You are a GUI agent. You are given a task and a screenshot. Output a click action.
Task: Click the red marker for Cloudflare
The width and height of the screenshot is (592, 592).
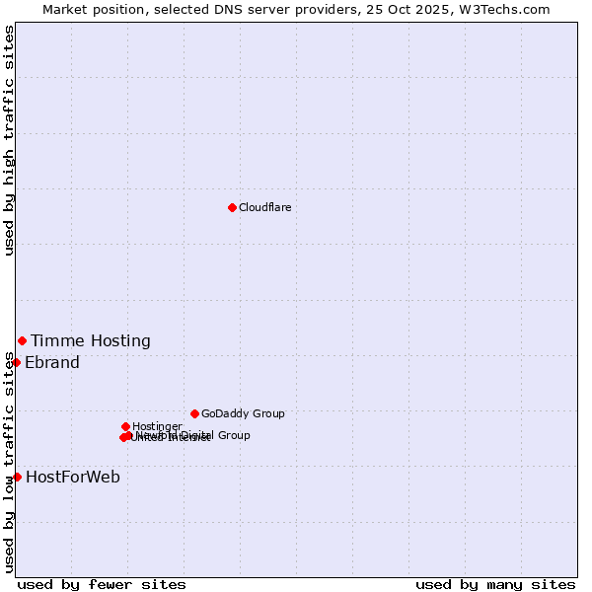pyautogui.click(x=232, y=207)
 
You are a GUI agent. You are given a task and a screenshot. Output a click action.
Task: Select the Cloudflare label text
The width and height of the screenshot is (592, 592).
pyautogui.click(x=264, y=207)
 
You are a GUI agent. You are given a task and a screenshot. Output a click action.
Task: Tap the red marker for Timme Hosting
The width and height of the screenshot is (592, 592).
pyautogui.click(x=22, y=340)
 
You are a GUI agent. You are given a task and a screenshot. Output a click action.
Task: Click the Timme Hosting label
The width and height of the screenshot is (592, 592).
pyautogui.click(x=90, y=341)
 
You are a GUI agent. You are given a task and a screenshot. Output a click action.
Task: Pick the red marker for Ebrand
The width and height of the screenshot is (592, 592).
pyautogui.click(x=16, y=362)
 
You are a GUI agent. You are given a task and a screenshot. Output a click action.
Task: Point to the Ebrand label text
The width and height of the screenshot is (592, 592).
pyautogui.click(x=52, y=363)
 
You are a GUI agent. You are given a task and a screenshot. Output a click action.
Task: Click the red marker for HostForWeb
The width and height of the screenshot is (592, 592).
pyautogui.click(x=16, y=477)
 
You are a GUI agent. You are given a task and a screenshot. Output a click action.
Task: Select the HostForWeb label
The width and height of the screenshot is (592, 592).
pyautogui.click(x=73, y=478)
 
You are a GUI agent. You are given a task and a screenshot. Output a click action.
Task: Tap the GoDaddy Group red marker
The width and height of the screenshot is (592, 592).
pyautogui.click(x=194, y=413)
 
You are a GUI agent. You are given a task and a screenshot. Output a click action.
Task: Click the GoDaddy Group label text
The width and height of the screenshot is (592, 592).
pyautogui.click(x=243, y=414)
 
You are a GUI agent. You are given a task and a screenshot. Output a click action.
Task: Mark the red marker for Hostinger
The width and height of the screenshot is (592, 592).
pyautogui.click(x=125, y=426)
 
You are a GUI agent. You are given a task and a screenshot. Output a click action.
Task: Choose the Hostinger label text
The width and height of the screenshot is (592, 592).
pyautogui.click(x=157, y=426)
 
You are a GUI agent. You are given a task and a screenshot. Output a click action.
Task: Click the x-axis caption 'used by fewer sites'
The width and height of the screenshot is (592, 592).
pyautogui.click(x=102, y=585)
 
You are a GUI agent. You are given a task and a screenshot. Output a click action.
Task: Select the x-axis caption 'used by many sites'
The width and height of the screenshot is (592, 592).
pyautogui.click(x=495, y=585)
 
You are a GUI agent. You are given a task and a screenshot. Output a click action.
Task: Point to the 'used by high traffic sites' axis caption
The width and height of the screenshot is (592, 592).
pyautogui.click(x=10, y=140)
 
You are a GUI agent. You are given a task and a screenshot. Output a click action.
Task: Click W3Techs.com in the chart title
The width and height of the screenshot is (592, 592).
pyautogui.click(x=509, y=9)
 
